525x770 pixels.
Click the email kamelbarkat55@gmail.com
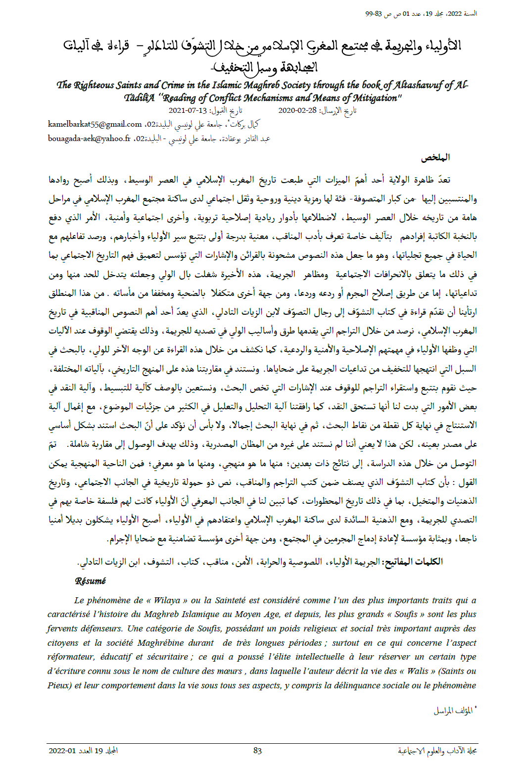(95, 124)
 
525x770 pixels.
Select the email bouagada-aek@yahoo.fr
(89, 139)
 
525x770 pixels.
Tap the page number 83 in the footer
(257, 751)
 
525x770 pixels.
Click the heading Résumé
(91, 581)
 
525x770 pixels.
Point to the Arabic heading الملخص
(435, 158)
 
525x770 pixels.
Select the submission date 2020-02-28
(297, 110)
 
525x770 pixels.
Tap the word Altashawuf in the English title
(416, 85)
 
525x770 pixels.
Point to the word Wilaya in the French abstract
(167, 600)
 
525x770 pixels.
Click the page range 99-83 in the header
(374, 14)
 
